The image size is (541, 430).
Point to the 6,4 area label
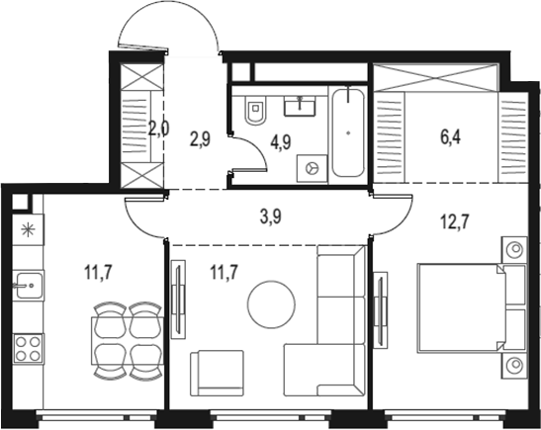(452, 134)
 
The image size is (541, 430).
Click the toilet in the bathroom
(252, 114)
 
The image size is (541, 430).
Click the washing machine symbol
(313, 169)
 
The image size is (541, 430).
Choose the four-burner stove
(28, 348)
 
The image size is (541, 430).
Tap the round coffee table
(270, 304)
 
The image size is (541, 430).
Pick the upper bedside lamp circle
(514, 249)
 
